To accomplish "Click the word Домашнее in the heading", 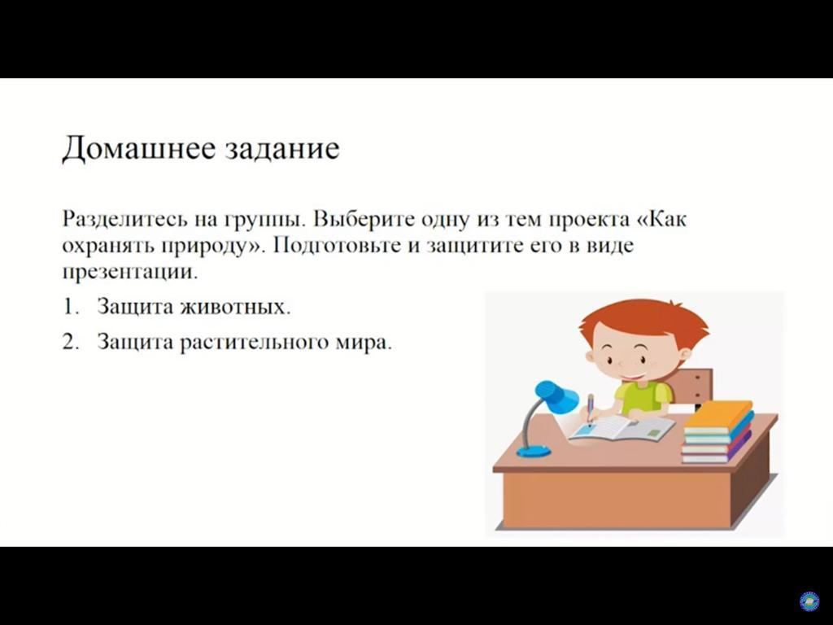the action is [x=139, y=148].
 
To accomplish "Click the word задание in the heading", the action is [x=282, y=149].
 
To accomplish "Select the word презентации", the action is [x=129, y=273].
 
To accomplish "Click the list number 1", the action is [x=70, y=307].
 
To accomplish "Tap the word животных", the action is [x=235, y=307].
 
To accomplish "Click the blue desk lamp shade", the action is [x=556, y=396].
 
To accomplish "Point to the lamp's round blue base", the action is [x=534, y=452].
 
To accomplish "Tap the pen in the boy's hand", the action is [x=591, y=410].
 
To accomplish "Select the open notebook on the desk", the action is [x=622, y=428].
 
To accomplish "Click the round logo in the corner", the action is [x=809, y=601].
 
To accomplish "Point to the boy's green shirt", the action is [x=643, y=397].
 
